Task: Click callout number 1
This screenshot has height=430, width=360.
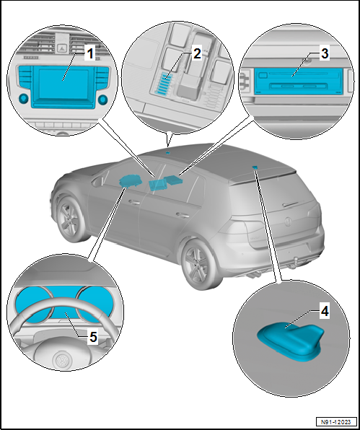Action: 89,53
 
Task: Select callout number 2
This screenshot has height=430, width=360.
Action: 197,53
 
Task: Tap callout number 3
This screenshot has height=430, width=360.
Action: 325,53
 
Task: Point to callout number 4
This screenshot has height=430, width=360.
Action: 325,312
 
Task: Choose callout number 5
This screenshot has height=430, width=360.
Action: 93,337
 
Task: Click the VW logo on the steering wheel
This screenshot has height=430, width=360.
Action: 63,360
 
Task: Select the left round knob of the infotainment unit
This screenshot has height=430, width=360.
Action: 24,98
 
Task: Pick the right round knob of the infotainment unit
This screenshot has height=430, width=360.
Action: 103,100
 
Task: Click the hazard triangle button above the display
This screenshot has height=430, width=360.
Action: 63,48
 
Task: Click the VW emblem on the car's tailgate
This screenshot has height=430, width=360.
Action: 287,221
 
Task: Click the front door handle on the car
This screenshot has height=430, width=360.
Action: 133,203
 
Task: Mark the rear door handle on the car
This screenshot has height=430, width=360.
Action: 183,215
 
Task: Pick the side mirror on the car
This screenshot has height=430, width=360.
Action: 98,182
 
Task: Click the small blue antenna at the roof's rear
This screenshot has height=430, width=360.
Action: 255,167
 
